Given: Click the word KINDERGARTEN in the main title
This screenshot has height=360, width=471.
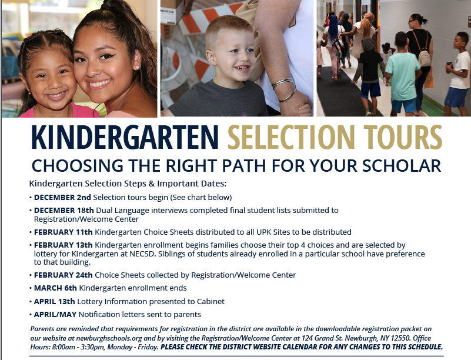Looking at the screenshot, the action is coord(125,137).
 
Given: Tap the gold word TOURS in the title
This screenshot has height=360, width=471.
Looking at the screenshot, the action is coord(403,137).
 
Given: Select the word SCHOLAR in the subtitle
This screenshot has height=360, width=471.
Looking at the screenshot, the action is coord(402,166).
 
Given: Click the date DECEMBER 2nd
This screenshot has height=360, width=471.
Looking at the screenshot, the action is coord(62,198).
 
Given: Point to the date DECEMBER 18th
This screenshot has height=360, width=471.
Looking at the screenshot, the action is coord(64,211).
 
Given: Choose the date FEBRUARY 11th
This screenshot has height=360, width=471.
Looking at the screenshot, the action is coord(64,232).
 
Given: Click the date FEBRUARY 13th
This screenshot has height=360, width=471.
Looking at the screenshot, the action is coord(64,245).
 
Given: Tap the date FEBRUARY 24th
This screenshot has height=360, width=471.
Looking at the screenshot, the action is coord(64,275).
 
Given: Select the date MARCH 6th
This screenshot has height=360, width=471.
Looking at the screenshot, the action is coord(56,288).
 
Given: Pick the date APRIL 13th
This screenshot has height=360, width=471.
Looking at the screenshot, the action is coord(54,301).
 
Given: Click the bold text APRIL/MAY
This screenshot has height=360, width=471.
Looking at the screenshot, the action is coord(55,315).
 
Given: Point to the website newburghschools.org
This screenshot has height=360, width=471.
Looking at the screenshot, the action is coord(109,338).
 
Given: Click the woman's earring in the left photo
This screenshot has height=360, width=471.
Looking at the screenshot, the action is coord(138,67).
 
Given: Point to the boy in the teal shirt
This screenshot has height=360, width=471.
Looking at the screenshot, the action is coord(402,74).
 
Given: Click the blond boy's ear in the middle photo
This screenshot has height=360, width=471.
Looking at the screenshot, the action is coord(211,57).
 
